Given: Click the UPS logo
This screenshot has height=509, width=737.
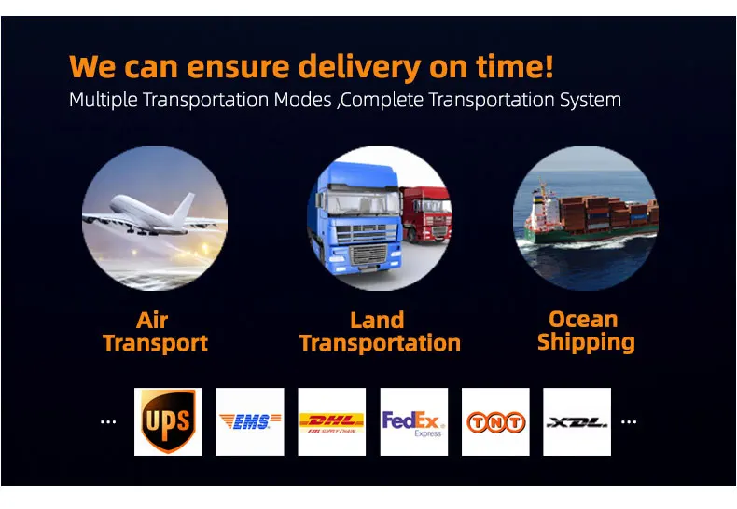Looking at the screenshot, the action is point(168,421).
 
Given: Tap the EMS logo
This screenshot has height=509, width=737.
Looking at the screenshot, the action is point(250,421).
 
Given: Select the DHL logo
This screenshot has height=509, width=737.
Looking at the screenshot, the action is point(332,421).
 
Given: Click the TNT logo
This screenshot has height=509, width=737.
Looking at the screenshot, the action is point(495,421).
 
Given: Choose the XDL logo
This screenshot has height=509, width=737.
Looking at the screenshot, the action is point(577,421).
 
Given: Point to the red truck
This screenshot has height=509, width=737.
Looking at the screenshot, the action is point(425,214).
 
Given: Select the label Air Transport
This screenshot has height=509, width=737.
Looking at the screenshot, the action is point(155,332).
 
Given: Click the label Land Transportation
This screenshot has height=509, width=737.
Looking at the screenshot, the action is point(380,332).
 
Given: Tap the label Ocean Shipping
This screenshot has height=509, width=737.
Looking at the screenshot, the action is point(586,331).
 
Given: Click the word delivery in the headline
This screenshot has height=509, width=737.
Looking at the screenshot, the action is point(359,67).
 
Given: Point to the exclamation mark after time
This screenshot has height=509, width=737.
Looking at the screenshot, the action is point(549,66).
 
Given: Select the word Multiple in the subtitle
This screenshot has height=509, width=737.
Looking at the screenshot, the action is point(104,101).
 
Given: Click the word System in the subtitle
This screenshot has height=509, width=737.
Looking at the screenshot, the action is point(591,101).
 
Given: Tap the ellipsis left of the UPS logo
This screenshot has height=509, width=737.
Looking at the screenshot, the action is point(108,421).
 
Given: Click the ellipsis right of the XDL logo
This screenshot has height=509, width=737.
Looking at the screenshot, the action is point(629,421).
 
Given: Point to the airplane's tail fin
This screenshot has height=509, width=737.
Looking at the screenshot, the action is point(184,208).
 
